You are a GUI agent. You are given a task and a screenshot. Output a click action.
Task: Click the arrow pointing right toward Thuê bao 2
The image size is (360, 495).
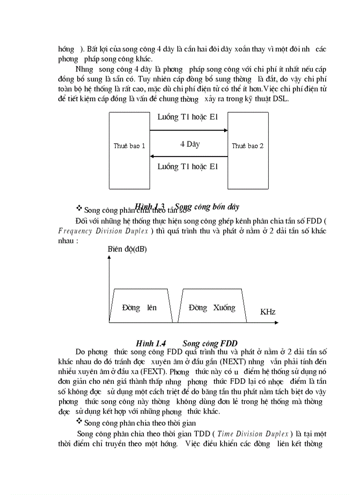point(188,130)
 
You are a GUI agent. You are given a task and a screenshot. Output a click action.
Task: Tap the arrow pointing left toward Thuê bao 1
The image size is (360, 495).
point(188,156)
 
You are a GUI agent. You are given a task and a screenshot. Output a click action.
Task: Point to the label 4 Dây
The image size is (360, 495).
point(190,144)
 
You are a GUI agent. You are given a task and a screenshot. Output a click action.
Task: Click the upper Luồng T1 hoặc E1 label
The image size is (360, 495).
point(187,117)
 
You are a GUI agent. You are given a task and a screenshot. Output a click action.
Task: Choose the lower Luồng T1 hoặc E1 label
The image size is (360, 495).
point(187,167)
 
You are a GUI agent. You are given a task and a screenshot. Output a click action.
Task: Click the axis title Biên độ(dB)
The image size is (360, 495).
point(127,249)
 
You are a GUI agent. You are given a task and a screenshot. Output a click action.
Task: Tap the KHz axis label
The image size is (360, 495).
point(268,312)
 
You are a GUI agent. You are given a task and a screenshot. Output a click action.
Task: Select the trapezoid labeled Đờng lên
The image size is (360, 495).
point(140,307)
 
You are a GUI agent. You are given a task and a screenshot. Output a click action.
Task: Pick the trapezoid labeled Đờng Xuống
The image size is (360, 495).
point(212,307)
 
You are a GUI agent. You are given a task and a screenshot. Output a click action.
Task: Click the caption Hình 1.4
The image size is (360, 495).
point(151,343)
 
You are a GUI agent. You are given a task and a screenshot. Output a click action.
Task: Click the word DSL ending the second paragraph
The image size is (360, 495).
point(280,99)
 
